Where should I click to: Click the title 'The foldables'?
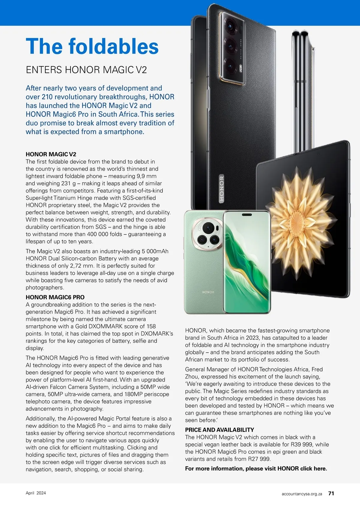point(92,47)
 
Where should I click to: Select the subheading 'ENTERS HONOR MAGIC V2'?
point(86,70)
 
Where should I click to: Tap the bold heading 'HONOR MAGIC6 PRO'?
point(55,297)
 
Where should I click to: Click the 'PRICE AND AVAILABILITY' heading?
point(220,430)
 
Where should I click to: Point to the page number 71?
point(331,493)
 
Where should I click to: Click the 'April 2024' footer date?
point(36,493)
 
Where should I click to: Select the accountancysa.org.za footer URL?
point(302,494)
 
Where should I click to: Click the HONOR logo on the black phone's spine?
point(222,189)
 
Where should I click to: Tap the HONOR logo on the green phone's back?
point(208,292)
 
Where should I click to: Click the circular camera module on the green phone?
point(208,234)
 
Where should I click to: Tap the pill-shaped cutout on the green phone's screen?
point(247,215)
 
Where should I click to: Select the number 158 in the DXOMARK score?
point(151,326)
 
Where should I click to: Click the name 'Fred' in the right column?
point(317,369)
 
